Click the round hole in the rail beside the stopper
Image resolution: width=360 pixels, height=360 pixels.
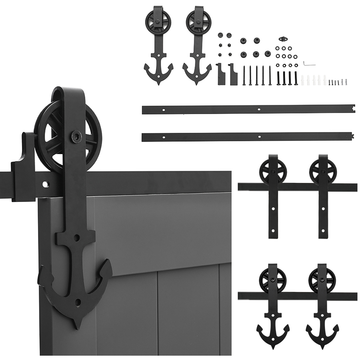[x=45, y=184]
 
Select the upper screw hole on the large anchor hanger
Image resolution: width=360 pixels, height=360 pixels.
[x=77, y=238]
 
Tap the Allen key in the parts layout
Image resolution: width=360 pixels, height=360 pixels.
[x=309, y=63]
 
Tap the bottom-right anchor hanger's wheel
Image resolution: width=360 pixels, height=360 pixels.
[x=320, y=279]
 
